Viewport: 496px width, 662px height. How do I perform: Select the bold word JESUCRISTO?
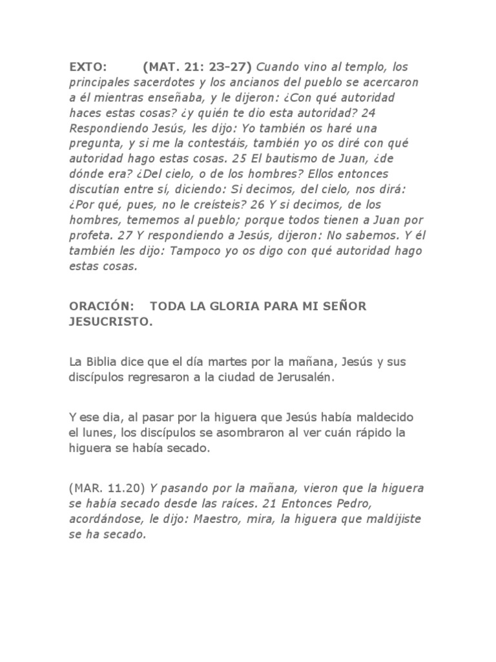pos(110,323)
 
